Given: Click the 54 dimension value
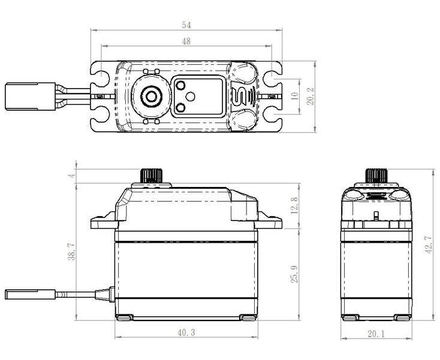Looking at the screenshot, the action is click(186, 25).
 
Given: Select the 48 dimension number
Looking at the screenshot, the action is click(186, 41).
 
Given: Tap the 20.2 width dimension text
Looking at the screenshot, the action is click(310, 96).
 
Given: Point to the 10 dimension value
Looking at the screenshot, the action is click(295, 96).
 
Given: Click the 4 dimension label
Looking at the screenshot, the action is click(72, 176).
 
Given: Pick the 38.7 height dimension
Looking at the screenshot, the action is click(72, 252).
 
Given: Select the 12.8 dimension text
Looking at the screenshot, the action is click(294, 205).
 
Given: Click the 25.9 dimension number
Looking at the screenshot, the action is click(294, 274).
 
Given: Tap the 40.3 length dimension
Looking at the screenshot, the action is click(186, 333).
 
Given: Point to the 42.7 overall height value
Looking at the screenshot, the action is click(429, 245).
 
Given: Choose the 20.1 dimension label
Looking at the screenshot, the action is click(376, 334).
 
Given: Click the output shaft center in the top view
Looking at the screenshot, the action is click(152, 96).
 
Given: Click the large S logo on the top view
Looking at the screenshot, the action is click(238, 96).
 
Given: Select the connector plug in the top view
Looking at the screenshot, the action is click(31, 96).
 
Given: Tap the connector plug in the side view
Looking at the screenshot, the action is click(31, 294).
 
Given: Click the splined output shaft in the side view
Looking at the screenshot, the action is click(151, 176).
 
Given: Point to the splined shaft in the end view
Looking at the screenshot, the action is click(376, 176).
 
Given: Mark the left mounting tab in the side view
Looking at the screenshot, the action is click(104, 222).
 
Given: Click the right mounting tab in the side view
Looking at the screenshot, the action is click(269, 222).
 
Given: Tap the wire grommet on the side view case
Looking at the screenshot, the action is click(105, 294).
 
